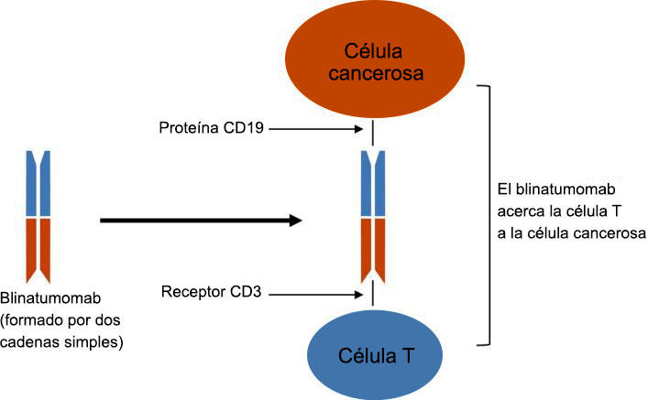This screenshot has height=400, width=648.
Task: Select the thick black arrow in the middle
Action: (202, 220)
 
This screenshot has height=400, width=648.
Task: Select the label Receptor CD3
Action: (212, 294)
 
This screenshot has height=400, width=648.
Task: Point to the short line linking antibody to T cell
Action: (372, 295)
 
